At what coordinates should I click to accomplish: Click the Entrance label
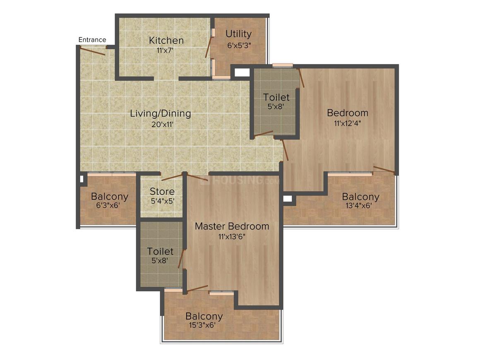point(92,40)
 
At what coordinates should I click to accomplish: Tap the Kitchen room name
point(166,40)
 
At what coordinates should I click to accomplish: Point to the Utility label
point(238,34)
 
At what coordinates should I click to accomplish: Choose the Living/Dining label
point(161,113)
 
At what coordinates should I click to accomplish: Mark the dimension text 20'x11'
point(161,123)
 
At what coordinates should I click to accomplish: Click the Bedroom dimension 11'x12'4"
point(347,123)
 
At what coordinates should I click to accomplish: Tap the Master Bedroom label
point(232,226)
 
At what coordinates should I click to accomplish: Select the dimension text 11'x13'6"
point(232,237)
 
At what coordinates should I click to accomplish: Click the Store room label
point(162,192)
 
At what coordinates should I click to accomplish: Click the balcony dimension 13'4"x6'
point(360,206)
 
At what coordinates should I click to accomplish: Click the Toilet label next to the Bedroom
point(276,98)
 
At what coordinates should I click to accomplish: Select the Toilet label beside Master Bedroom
point(160,251)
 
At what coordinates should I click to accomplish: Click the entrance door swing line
point(93,51)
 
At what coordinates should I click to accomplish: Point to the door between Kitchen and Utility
point(209,47)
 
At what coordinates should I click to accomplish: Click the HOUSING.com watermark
point(240,181)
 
